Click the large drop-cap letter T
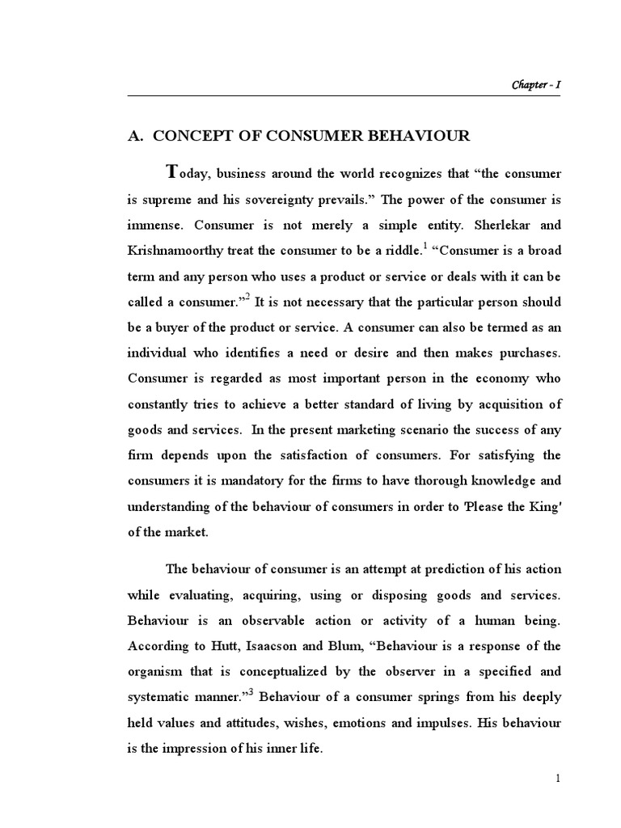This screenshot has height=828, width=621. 170,172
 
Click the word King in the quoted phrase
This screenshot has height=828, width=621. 543,507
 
